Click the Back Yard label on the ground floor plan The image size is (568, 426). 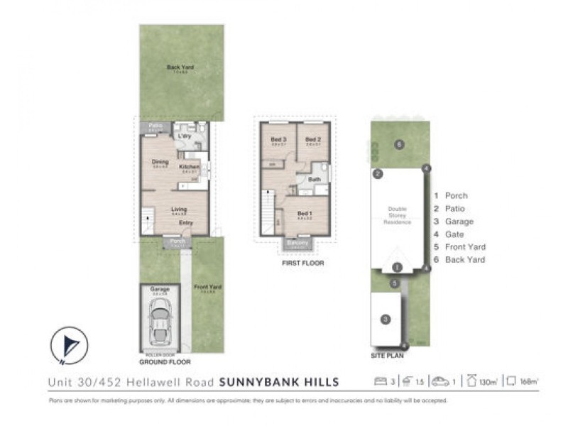(180, 68)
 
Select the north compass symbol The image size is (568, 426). (70, 346)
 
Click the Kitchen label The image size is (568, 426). (190, 168)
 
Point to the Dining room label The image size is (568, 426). (160, 162)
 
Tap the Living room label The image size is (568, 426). (179, 209)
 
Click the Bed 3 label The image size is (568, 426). (278, 139)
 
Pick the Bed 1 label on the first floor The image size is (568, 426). (305, 214)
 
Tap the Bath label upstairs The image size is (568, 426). (314, 180)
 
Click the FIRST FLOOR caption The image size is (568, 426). (302, 263)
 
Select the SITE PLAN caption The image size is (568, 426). (386, 354)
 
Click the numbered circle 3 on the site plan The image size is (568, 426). (386, 320)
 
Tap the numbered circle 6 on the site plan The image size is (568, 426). (400, 145)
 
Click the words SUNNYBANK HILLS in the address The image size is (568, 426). (279, 382)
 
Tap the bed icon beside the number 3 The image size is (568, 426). (380, 381)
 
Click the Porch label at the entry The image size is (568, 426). (176, 242)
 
